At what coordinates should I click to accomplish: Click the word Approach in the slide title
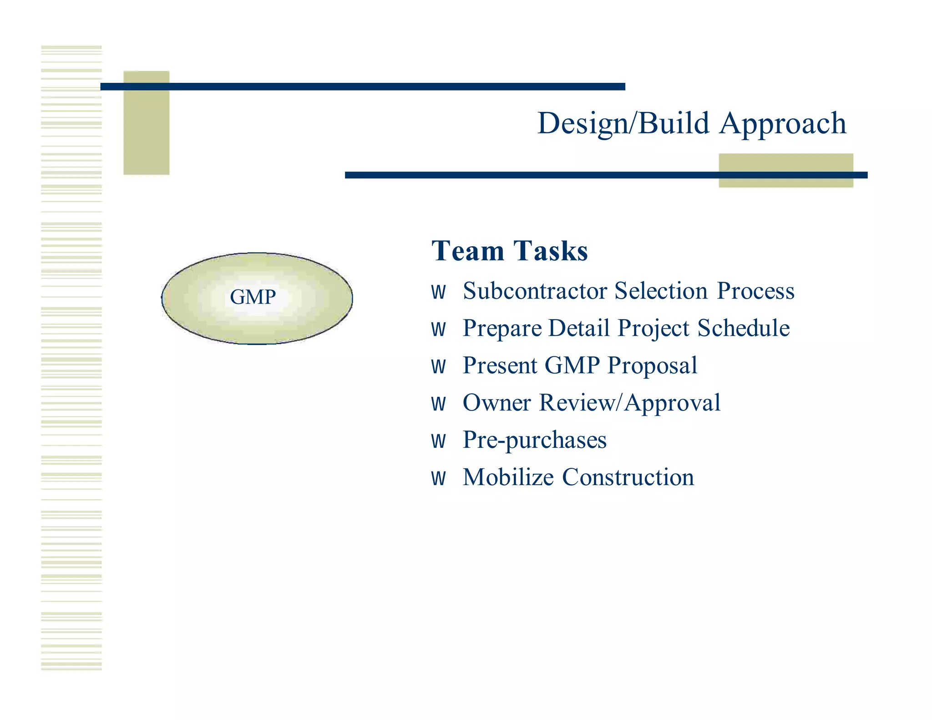[782, 124]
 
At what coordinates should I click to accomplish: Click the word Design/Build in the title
[623, 124]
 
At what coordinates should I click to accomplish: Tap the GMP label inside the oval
[253, 297]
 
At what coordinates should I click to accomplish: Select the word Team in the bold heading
[468, 251]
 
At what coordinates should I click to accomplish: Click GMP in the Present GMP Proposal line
[572, 366]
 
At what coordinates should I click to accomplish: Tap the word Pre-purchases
[534, 441]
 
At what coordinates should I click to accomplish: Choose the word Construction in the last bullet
[628, 478]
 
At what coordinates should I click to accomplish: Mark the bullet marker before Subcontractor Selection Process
[438, 292]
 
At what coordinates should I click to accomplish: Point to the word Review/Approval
[630, 403]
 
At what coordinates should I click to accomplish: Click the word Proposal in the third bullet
[652, 366]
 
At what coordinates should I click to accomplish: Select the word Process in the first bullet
[755, 291]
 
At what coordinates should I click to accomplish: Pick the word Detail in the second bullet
[579, 329]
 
